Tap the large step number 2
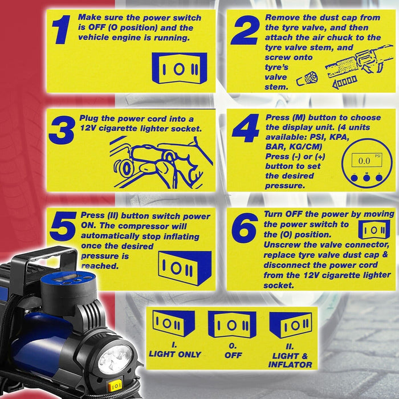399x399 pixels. (x=244, y=31)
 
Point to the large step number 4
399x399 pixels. (x=246, y=130)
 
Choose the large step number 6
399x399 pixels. (x=245, y=229)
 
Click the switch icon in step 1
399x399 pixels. (x=180, y=68)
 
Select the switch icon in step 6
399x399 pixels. (x=373, y=230)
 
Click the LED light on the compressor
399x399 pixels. (x=116, y=359)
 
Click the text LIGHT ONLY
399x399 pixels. (x=174, y=354)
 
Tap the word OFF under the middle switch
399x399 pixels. (x=233, y=355)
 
